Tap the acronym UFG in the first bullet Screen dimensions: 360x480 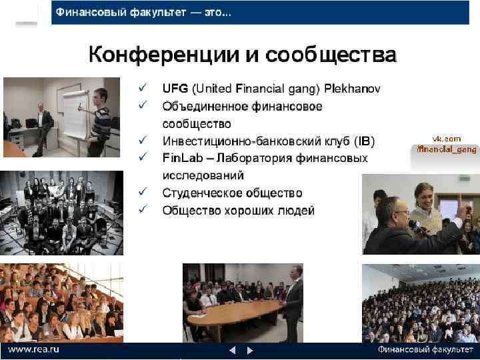pos(175,89)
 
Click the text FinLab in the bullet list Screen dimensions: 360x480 pos(179,158)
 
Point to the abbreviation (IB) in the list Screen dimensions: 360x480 pos(365,141)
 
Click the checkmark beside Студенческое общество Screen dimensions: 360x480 pos(142,193)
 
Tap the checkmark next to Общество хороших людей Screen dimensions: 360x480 pos(142,211)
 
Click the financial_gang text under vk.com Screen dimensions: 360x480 pos(447,149)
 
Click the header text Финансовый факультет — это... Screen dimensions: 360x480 pos(143,13)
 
